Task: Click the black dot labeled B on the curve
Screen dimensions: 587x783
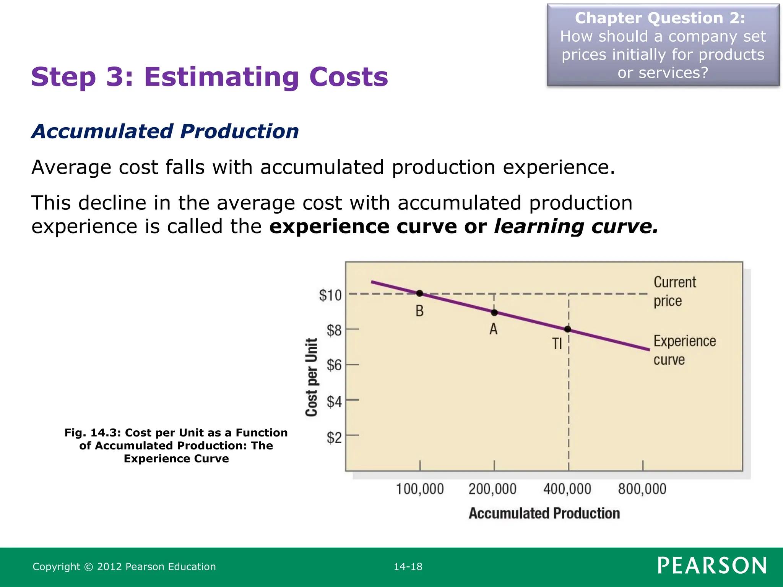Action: pyautogui.click(x=419, y=293)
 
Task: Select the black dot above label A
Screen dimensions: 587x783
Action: pyautogui.click(x=494, y=313)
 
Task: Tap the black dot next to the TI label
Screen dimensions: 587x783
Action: pyautogui.click(x=568, y=329)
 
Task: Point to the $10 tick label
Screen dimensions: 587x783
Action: pyautogui.click(x=330, y=295)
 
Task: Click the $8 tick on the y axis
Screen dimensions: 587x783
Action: pyautogui.click(x=334, y=330)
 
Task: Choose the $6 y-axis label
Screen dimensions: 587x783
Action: pyautogui.click(x=334, y=365)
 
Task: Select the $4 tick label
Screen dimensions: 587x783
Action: pyautogui.click(x=334, y=402)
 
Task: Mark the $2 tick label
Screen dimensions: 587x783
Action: pyautogui.click(x=334, y=437)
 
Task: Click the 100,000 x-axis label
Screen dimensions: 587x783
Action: pyautogui.click(x=420, y=489)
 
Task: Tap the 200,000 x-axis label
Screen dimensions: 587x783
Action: pyautogui.click(x=492, y=489)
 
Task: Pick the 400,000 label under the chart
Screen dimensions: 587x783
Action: pyautogui.click(x=567, y=489)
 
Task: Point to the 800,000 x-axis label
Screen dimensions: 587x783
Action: pyautogui.click(x=642, y=489)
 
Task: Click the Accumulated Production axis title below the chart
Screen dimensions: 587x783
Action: pyautogui.click(x=544, y=513)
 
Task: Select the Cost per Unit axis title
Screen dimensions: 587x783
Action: pyautogui.click(x=312, y=377)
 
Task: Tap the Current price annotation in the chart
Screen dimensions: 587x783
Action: pyautogui.click(x=674, y=291)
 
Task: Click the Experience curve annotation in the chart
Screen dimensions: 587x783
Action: pyautogui.click(x=684, y=350)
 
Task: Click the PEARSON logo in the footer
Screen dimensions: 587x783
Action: pyautogui.click(x=712, y=566)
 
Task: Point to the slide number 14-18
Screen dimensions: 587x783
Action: pyautogui.click(x=408, y=567)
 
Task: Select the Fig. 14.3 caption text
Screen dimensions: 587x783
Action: pyautogui.click(x=176, y=446)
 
